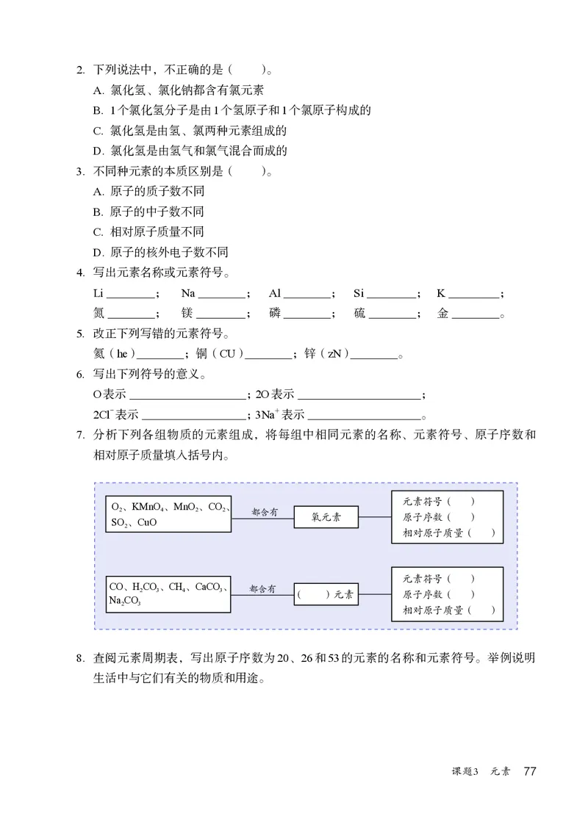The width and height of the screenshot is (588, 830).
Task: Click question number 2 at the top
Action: (x=80, y=71)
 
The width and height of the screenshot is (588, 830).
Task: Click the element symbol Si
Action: (x=359, y=293)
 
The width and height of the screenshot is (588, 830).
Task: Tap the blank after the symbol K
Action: (x=474, y=295)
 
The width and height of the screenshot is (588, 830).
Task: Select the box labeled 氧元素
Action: (x=326, y=517)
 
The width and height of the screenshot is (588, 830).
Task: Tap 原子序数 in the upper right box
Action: (x=422, y=517)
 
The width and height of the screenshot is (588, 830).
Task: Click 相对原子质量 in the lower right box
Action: (x=433, y=610)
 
